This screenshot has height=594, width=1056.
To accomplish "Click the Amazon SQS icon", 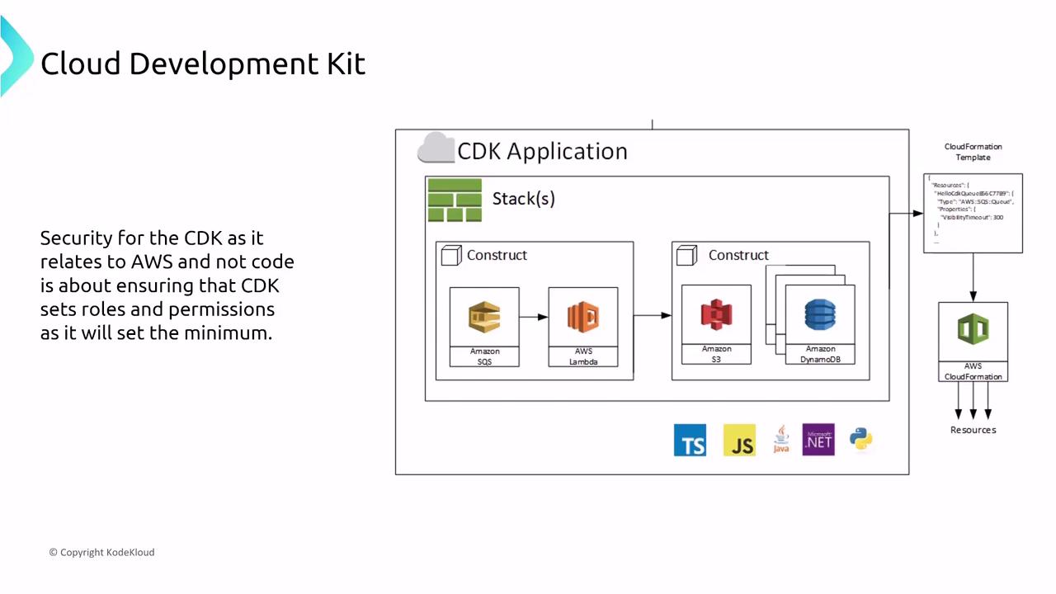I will pyautogui.click(x=484, y=318).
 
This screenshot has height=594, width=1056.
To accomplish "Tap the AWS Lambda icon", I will pyautogui.click(x=582, y=318).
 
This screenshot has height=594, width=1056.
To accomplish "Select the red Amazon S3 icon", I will pyautogui.click(x=716, y=315).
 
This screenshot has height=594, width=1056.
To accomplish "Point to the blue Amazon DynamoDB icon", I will pyautogui.click(x=820, y=315).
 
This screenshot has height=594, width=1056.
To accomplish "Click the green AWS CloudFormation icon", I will pyautogui.click(x=973, y=330).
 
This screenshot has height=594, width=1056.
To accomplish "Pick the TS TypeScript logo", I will pyautogui.click(x=690, y=441).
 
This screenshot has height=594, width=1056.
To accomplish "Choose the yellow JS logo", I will pyautogui.click(x=739, y=441).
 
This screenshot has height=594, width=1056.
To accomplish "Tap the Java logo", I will pyautogui.click(x=781, y=440).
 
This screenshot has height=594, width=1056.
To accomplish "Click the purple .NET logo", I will pyautogui.click(x=818, y=440).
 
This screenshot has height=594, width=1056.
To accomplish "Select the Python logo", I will pyautogui.click(x=860, y=439).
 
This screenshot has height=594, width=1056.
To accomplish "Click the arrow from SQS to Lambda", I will pyautogui.click(x=534, y=317).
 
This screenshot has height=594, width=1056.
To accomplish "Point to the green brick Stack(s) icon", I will pyautogui.click(x=455, y=200).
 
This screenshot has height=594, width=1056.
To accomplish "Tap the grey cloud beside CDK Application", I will pyautogui.click(x=436, y=148).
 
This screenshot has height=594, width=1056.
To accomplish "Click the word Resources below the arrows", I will pyautogui.click(x=973, y=430).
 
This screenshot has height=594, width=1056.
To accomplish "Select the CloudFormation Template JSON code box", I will pyautogui.click(x=973, y=213).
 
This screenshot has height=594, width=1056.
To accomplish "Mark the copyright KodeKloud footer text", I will pyautogui.click(x=101, y=552).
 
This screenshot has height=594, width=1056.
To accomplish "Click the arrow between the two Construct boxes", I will pyautogui.click(x=653, y=315).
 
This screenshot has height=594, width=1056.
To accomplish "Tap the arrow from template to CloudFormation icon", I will pyautogui.click(x=973, y=277).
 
